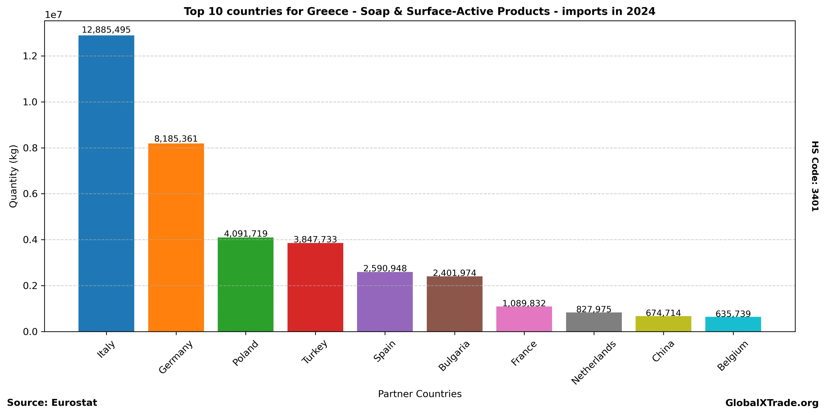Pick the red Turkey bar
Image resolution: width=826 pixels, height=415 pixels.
(x=315, y=287)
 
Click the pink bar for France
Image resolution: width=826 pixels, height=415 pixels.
(x=524, y=319)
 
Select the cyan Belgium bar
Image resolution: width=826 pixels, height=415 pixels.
(x=733, y=324)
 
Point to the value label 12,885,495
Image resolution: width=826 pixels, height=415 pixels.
(x=106, y=30)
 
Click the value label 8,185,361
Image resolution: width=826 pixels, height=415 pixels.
(x=176, y=139)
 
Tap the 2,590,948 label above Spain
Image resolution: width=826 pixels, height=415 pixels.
(x=385, y=268)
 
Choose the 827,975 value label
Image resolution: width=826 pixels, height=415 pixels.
(x=593, y=309)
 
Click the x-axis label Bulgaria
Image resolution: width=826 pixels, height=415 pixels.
(x=454, y=356)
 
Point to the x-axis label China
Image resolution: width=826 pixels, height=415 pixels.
(x=663, y=351)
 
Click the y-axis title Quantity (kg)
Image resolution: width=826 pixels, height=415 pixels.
(x=13, y=176)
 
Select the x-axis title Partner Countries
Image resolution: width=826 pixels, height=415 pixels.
(x=420, y=394)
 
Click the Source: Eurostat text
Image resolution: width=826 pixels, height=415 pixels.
(x=52, y=403)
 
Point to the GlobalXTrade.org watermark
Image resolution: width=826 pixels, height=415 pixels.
(x=772, y=403)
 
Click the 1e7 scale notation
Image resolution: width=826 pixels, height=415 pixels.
(x=53, y=15)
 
